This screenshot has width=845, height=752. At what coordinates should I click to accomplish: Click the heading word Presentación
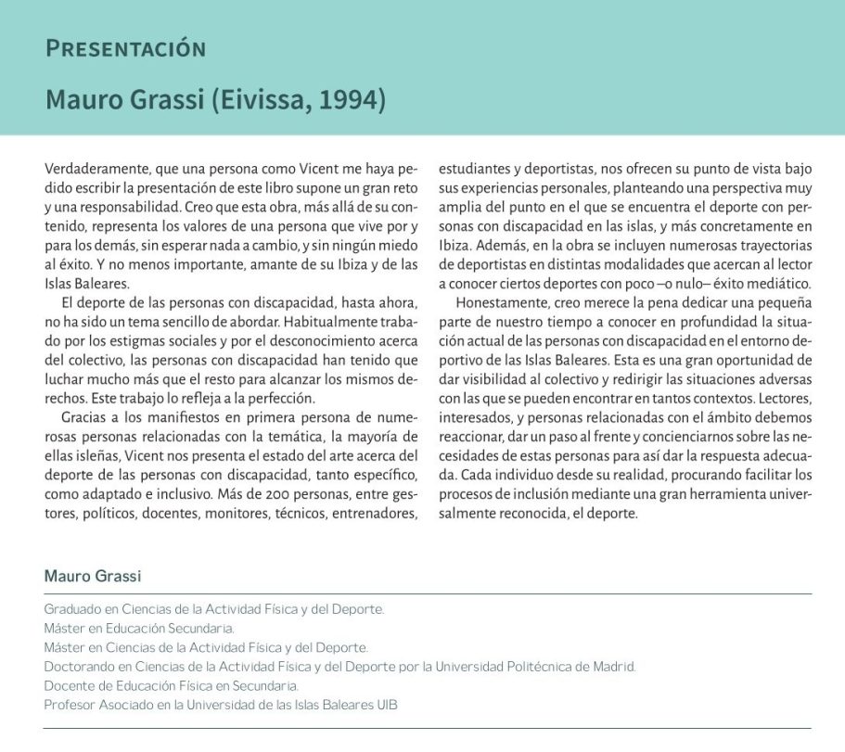click(125, 48)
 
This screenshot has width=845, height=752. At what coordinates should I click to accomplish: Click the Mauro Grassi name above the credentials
click(93, 577)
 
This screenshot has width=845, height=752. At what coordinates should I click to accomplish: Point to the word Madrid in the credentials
click(613, 667)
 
